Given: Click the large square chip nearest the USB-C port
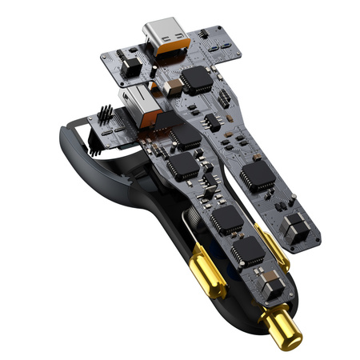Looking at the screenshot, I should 196,77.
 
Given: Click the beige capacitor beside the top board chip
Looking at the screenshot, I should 169,82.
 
